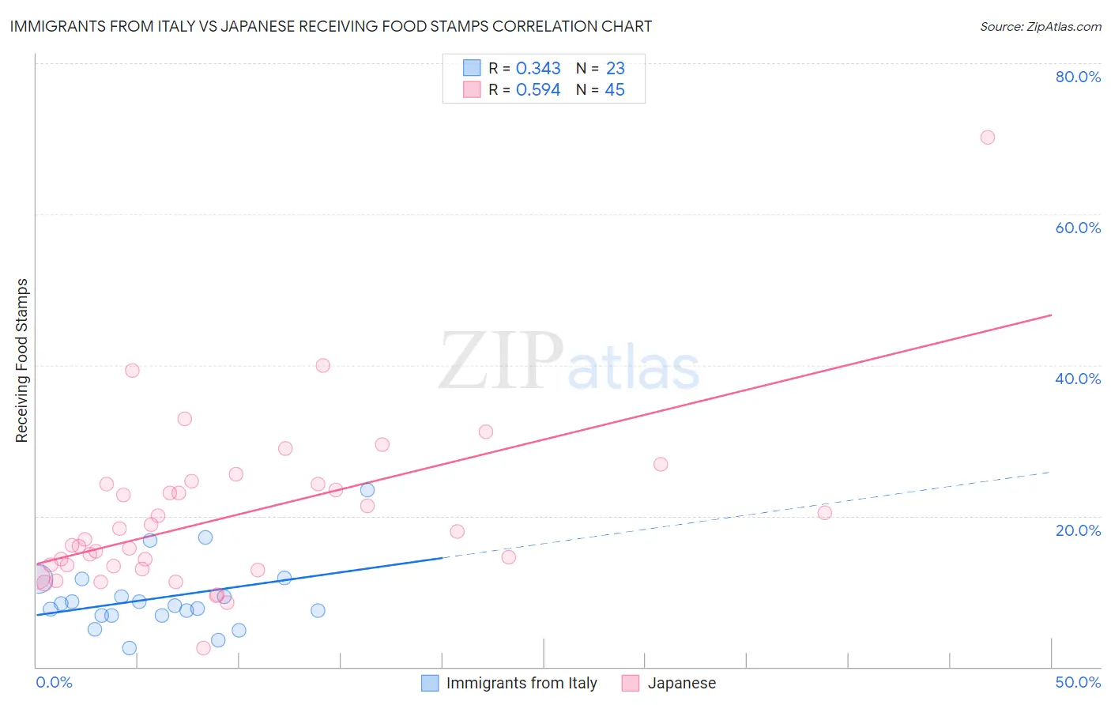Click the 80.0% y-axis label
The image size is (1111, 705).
tap(1077, 77)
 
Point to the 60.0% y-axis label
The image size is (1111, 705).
tap(1077, 228)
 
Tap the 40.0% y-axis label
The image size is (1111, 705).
tap(1077, 379)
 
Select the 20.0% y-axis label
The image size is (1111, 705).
tap(1077, 530)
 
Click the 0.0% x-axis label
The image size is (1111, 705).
tap(55, 682)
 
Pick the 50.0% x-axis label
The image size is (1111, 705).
tap(1077, 682)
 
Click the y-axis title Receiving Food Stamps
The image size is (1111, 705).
tap(22, 360)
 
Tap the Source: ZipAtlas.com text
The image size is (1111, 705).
tap(1040, 26)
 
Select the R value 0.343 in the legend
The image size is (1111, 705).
tap(538, 69)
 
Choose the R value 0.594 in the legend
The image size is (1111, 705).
tap(538, 90)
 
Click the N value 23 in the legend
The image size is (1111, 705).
tap(615, 69)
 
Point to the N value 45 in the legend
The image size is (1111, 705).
tap(615, 90)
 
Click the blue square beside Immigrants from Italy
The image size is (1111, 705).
tap(430, 683)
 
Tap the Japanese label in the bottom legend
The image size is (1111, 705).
tap(681, 683)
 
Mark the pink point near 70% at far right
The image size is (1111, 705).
tap(987, 138)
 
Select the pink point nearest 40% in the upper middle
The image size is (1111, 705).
tap(322, 365)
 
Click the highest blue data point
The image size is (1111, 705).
tap(367, 490)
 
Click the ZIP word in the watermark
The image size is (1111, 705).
tap(501, 361)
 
